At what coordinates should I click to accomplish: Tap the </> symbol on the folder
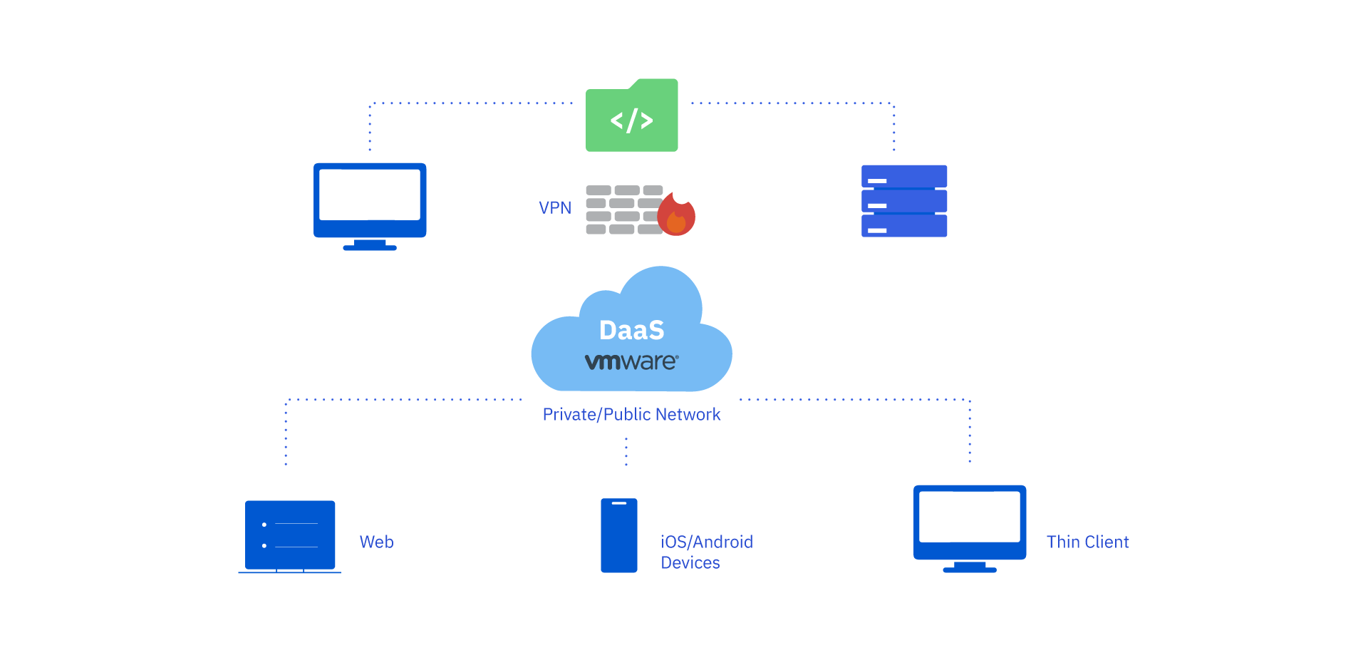[x=631, y=120]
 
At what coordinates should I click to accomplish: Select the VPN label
[x=554, y=207]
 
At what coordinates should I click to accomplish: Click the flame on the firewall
[x=676, y=216]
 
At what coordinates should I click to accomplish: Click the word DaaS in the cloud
[x=631, y=330]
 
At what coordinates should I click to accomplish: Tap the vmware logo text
[x=631, y=361]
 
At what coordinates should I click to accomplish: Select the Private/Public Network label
[x=631, y=414]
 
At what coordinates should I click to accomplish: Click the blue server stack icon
[x=904, y=201]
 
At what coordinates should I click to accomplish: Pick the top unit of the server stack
[x=904, y=176]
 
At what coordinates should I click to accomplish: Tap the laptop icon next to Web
[x=290, y=535]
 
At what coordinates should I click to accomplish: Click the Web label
[x=376, y=542]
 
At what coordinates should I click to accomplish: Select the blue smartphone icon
[x=618, y=535]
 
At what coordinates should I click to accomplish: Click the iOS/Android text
[x=706, y=542]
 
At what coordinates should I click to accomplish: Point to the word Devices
[x=690, y=562]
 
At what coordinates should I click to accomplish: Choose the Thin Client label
[x=1087, y=542]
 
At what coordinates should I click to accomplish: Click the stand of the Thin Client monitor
[x=969, y=567]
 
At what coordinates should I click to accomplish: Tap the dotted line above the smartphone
[x=626, y=451]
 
